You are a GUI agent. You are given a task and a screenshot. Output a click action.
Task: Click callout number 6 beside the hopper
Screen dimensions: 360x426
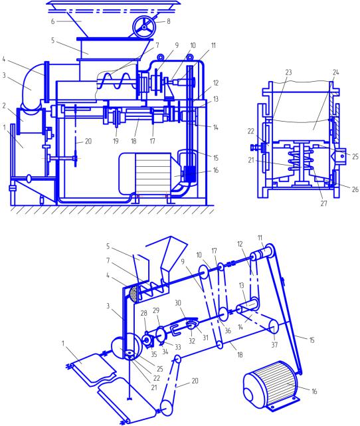(52, 21)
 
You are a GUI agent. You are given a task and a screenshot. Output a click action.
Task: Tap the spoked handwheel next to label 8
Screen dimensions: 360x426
(143, 27)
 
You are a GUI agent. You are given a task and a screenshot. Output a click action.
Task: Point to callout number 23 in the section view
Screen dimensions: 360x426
(288, 72)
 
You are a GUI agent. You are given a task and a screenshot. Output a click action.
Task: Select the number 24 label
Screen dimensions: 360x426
(336, 72)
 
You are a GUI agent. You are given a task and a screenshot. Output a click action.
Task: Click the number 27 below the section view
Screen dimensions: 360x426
(323, 203)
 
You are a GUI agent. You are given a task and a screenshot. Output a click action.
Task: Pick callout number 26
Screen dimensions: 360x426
(355, 189)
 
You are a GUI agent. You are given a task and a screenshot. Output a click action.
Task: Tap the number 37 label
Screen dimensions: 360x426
(274, 344)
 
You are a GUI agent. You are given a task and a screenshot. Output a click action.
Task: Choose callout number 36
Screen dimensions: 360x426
(228, 330)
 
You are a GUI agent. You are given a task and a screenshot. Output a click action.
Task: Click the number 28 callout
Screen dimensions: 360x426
(143, 313)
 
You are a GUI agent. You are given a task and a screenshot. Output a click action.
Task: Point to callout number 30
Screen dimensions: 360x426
(178, 302)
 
